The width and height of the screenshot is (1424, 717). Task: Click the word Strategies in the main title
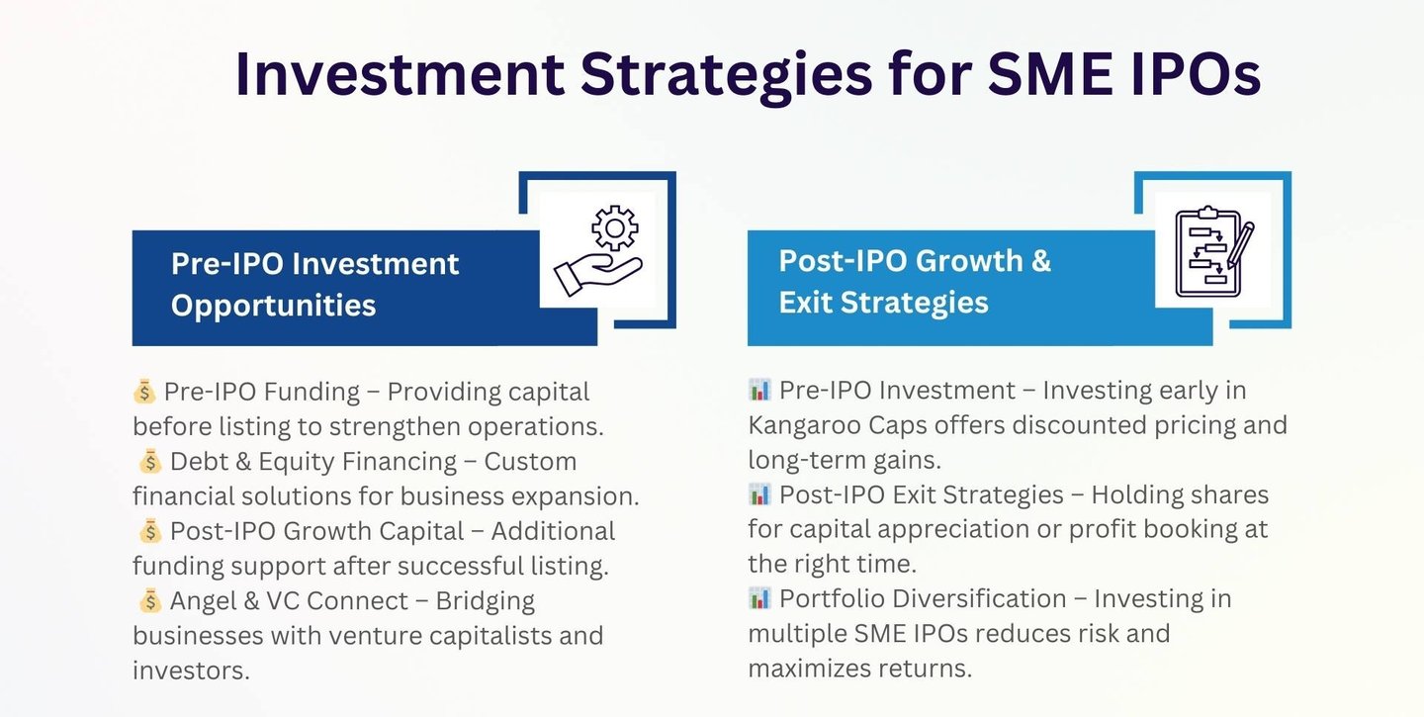tap(726, 75)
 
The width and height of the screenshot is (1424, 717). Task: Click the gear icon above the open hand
tap(614, 227)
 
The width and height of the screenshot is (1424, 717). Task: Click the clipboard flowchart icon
tap(1207, 252)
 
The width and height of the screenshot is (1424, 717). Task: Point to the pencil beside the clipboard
tap(1241, 243)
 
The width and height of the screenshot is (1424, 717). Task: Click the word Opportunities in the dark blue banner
tap(273, 307)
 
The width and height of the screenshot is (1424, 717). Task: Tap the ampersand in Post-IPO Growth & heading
tap(1040, 261)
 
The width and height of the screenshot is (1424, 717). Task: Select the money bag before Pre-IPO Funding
tap(144, 391)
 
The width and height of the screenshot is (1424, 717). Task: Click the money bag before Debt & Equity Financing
tap(150, 461)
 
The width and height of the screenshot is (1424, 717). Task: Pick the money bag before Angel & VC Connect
tap(150, 600)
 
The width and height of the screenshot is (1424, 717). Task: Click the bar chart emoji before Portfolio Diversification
tap(759, 598)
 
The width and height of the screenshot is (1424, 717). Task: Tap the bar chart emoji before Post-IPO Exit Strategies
tap(759, 493)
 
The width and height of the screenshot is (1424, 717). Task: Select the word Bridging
tap(485, 601)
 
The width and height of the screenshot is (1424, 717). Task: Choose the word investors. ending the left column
tap(192, 671)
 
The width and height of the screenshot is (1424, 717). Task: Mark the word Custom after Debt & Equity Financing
tap(530, 462)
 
